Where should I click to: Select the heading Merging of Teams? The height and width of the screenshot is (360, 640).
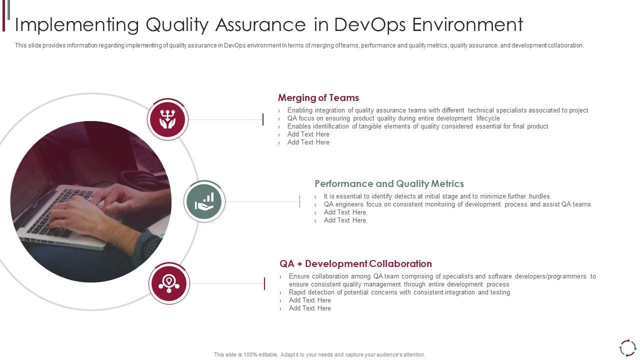click(318, 97)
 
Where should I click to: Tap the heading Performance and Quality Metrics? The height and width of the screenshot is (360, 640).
click(389, 183)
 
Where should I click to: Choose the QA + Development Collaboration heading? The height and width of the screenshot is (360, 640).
click(355, 263)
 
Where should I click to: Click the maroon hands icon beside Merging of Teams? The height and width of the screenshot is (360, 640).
click(167, 119)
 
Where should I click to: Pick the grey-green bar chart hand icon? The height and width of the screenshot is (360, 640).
click(204, 201)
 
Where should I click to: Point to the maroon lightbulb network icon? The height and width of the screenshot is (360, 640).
click(169, 283)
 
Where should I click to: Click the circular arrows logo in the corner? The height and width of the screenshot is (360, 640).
click(627, 348)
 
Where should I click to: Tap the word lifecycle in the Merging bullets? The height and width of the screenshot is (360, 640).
click(488, 118)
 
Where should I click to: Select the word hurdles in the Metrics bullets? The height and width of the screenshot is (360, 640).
click(539, 196)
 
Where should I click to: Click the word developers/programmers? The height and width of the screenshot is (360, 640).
click(550, 276)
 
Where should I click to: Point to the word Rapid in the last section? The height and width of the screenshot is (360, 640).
click(297, 292)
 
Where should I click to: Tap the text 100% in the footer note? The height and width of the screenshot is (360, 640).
click(251, 354)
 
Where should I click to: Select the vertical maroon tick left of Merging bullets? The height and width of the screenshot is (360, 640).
click(263, 119)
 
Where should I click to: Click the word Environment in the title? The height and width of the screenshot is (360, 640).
click(467, 24)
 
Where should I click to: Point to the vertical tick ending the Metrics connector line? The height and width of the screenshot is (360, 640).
click(299, 201)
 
